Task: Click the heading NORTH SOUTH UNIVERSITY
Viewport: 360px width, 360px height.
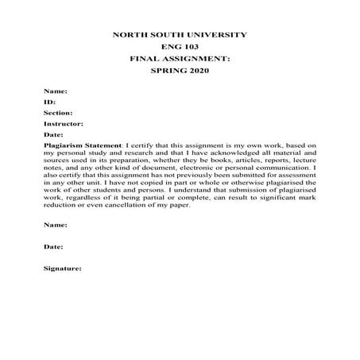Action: pyautogui.click(x=180, y=35)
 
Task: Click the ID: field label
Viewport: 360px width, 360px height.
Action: pyautogui.click(x=49, y=103)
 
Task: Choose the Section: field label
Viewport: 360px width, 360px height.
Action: pyautogui.click(x=56, y=113)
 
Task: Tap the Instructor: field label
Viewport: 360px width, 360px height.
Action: pyautogui.click(x=63, y=123)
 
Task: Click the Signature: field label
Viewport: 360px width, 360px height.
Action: pyautogui.click(x=63, y=268)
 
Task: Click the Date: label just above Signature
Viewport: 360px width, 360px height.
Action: pyautogui.click(x=53, y=246)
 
